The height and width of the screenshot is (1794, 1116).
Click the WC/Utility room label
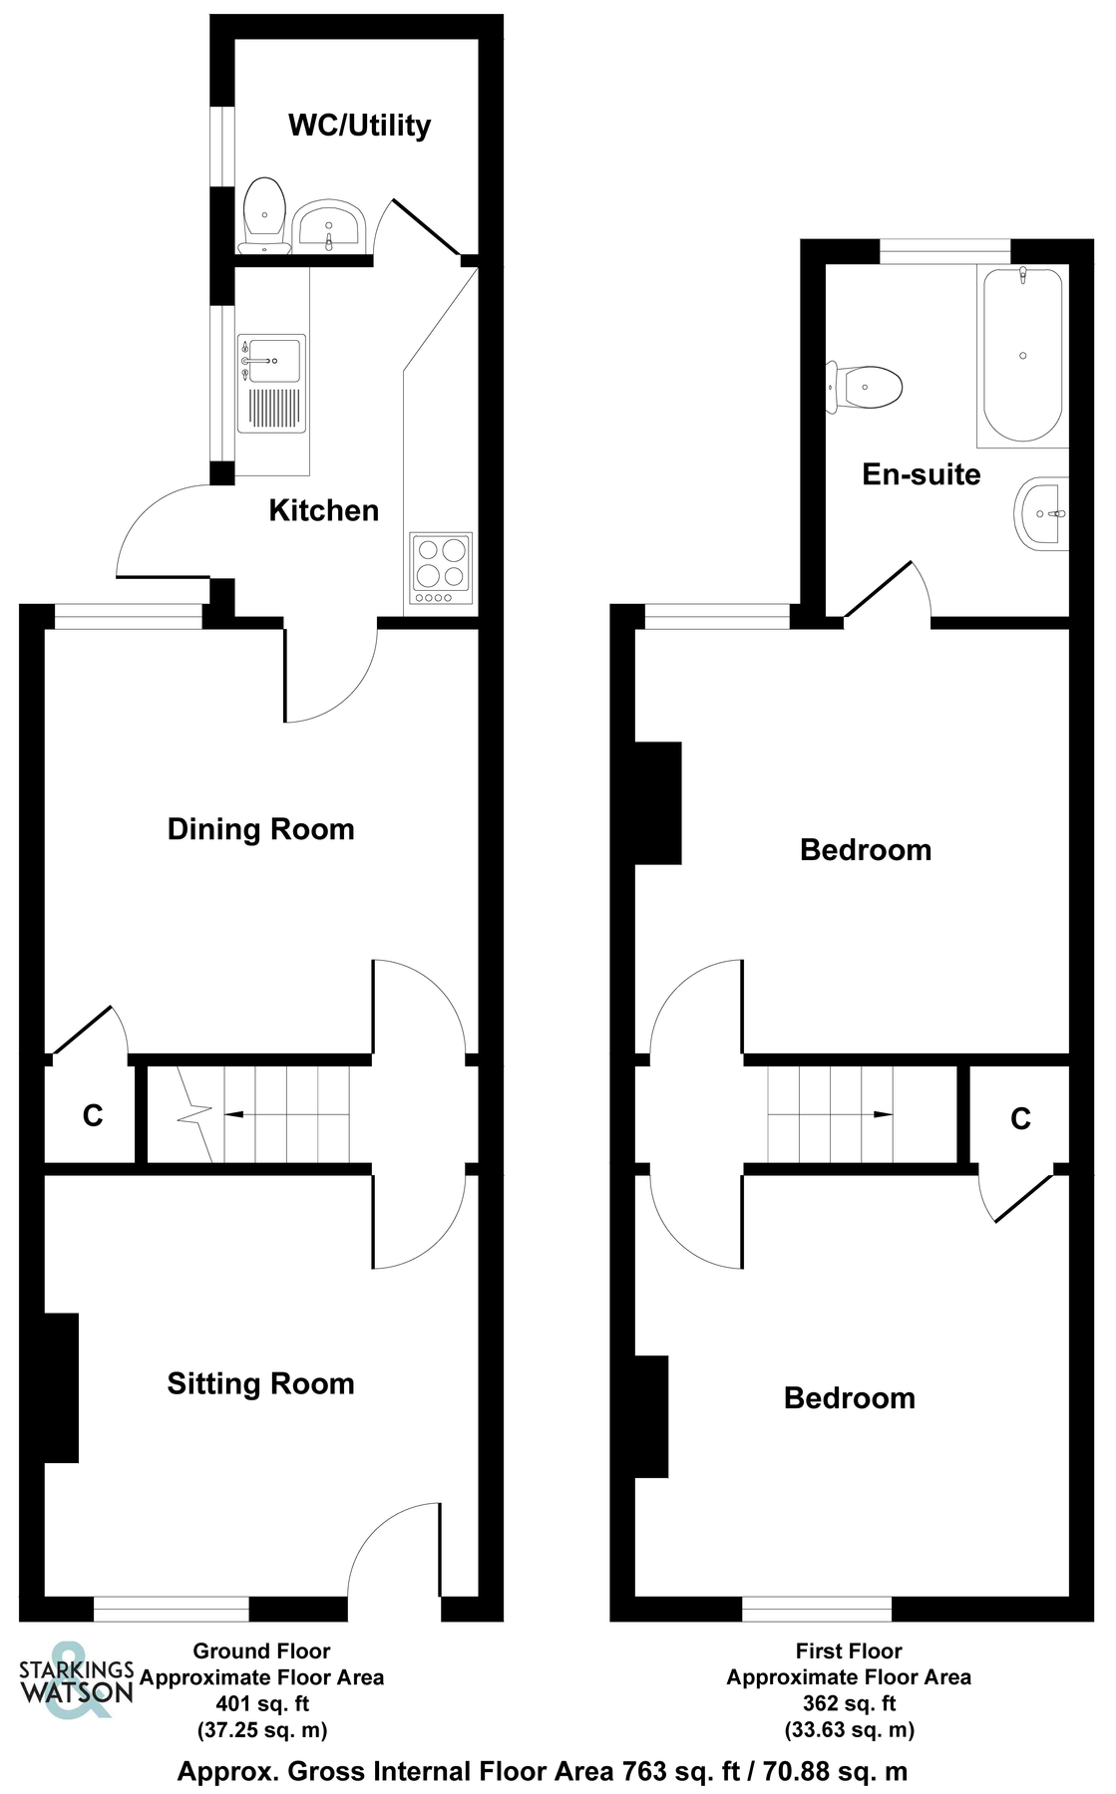[359, 126]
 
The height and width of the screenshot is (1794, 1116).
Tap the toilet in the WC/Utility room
[264, 215]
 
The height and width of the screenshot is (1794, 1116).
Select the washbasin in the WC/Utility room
[329, 225]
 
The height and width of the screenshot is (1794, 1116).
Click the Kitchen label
[324, 511]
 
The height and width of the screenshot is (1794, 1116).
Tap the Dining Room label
[260, 829]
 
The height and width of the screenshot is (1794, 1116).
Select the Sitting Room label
[260, 1383]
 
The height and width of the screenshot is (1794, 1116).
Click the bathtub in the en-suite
[1022, 355]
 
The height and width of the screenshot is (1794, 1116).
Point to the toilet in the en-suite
[866, 387]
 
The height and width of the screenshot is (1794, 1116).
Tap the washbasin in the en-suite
[1041, 513]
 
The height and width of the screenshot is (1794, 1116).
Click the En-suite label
[921, 474]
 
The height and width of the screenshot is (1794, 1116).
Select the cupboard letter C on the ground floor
[93, 1115]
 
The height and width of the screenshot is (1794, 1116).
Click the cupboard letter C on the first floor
[1020, 1119]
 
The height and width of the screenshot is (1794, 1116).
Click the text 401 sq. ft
[262, 1703]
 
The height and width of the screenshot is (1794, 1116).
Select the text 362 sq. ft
[849, 1703]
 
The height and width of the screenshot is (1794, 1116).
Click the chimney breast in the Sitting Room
[61, 1387]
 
